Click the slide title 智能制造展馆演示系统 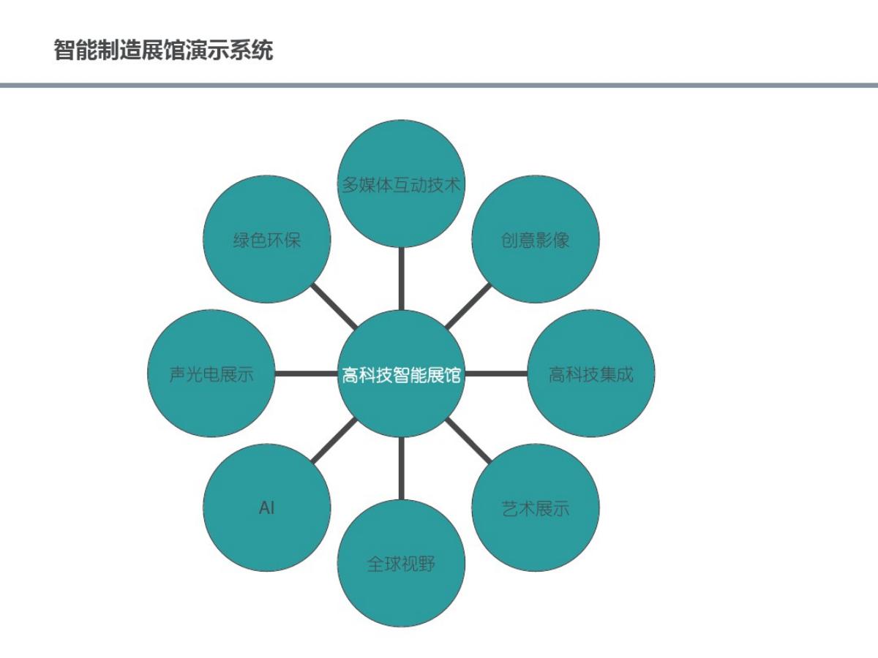click(x=163, y=50)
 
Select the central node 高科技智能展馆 click(x=402, y=374)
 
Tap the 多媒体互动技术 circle click(x=402, y=183)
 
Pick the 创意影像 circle click(x=535, y=240)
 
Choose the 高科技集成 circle click(x=590, y=374)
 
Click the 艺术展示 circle click(x=535, y=507)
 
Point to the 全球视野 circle click(x=402, y=564)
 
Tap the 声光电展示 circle click(x=211, y=374)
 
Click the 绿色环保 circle click(x=267, y=240)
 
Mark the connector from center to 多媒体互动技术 click(x=401, y=278)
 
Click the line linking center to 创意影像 click(x=468, y=306)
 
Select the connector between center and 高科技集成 click(x=496, y=374)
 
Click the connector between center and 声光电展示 click(x=307, y=374)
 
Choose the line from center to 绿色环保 click(x=334, y=306)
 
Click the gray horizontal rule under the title click(x=439, y=86)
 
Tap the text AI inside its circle click(x=267, y=507)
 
